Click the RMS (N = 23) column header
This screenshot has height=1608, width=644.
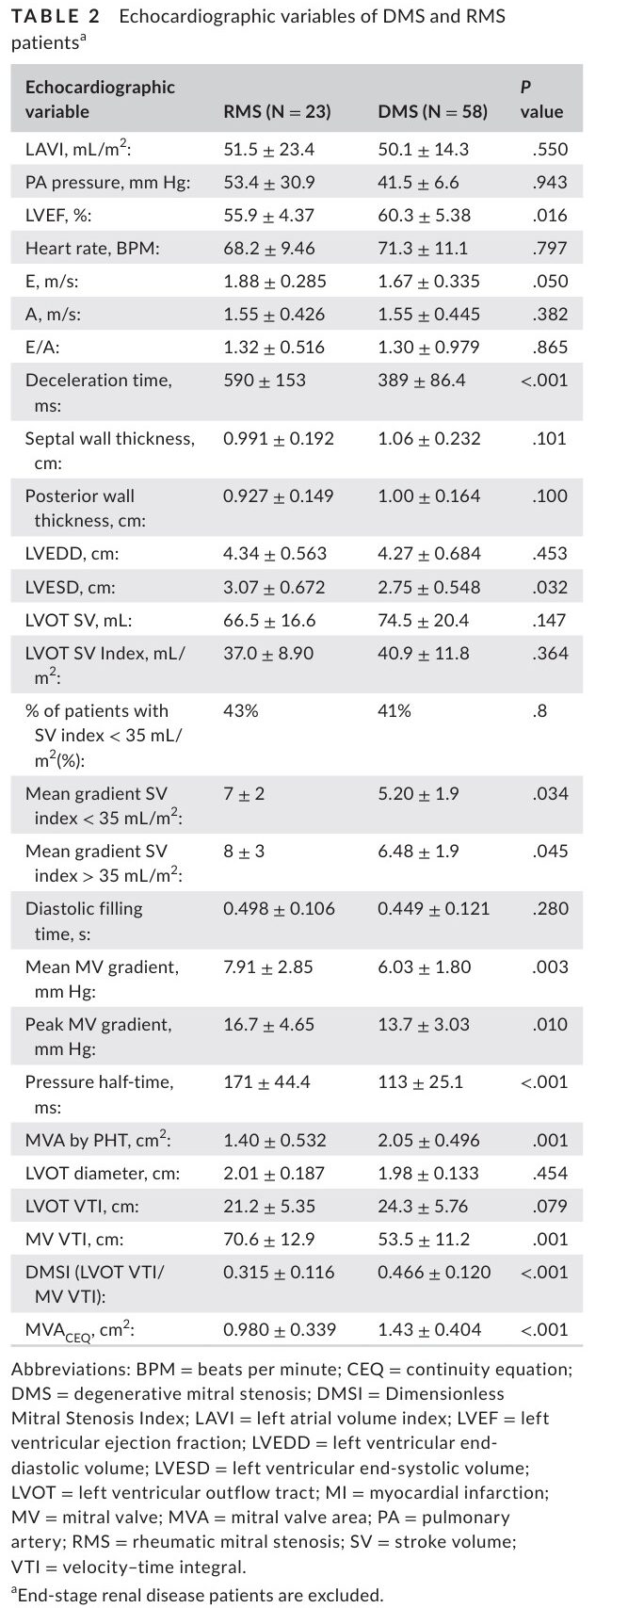coord(277,111)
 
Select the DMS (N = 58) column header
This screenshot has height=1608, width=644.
coord(432,111)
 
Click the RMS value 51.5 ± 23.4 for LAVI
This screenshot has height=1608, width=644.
coord(268,149)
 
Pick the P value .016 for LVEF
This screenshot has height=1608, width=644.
coord(550,215)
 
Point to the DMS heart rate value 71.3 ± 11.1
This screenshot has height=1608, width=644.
coord(422,248)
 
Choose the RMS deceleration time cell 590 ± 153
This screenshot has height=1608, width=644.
coord(264,380)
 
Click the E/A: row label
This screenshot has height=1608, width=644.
coord(42,347)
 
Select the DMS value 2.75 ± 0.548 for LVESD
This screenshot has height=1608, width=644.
coord(428,587)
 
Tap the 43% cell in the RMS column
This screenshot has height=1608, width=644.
coord(241,710)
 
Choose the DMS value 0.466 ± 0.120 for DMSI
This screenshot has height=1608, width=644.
coord(433,1272)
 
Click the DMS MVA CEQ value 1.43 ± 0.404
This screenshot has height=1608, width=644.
coord(428,1329)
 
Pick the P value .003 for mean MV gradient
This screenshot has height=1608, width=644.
coord(550,966)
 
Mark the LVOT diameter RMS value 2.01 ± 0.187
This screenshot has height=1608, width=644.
coord(274,1173)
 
